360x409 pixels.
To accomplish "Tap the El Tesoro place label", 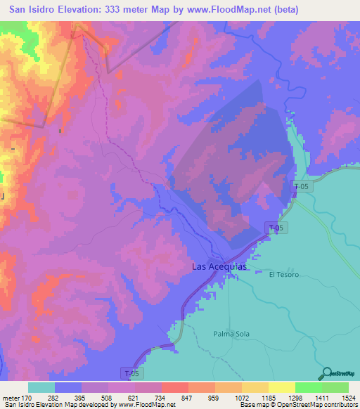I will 284,275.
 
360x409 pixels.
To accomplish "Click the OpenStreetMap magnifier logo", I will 325,373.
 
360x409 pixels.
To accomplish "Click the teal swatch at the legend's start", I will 41,387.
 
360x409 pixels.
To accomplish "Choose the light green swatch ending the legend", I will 335,387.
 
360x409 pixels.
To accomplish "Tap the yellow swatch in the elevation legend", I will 282,387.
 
